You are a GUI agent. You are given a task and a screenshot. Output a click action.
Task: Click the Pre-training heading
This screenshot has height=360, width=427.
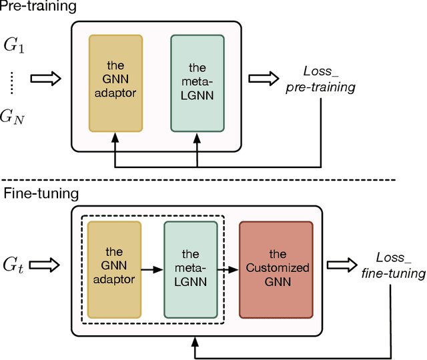[38, 7]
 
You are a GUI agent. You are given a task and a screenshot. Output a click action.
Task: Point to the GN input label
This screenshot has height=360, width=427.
[15, 117]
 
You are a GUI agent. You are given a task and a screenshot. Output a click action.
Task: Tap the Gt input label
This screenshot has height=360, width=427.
[14, 265]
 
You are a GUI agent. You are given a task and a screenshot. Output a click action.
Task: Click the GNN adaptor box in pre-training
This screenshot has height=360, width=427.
[115, 82]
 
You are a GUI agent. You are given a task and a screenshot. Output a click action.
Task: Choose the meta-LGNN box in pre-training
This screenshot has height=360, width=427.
[197, 82]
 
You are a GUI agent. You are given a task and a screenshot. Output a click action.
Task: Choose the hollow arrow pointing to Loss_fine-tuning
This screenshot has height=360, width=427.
[342, 265]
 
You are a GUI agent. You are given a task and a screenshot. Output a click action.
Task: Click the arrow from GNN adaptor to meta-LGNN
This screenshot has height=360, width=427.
[153, 269]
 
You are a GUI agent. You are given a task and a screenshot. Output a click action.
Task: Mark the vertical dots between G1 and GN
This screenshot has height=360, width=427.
[14, 83]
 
